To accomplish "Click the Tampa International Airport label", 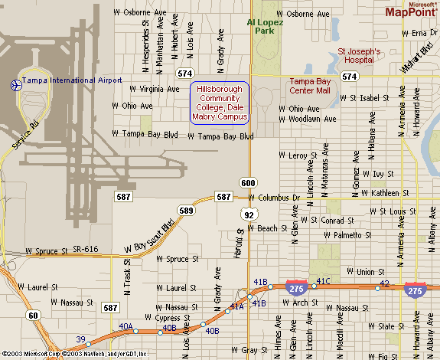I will (x=72, y=80).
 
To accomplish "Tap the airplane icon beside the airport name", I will (x=15, y=84).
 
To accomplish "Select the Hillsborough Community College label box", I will (x=220, y=102).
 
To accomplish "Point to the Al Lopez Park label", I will (x=265, y=27).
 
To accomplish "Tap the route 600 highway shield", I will (x=247, y=182).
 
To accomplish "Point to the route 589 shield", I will (x=185, y=210).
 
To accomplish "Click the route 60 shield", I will (x=33, y=315).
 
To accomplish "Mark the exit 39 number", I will (x=80, y=339).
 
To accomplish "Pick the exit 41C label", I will (x=323, y=281).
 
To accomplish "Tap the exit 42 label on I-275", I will (x=384, y=283).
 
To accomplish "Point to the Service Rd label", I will (x=23, y=136).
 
